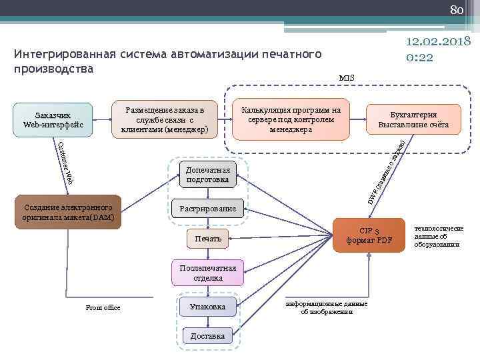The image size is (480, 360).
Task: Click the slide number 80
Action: (x=456, y=9)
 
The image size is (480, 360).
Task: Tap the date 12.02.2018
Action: (x=439, y=41)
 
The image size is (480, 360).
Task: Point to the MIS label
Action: (x=347, y=78)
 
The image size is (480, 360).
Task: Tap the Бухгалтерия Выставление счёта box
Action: (x=413, y=119)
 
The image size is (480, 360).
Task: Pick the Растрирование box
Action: (x=207, y=209)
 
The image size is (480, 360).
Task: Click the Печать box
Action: (x=208, y=239)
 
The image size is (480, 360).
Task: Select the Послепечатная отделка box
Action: (x=208, y=273)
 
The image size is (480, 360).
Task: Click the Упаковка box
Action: (x=208, y=307)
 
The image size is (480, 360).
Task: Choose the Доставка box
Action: (x=208, y=336)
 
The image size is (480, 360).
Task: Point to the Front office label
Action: (x=103, y=308)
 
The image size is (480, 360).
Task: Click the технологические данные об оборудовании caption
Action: (x=438, y=236)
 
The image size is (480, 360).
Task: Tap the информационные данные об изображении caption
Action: (x=327, y=308)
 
